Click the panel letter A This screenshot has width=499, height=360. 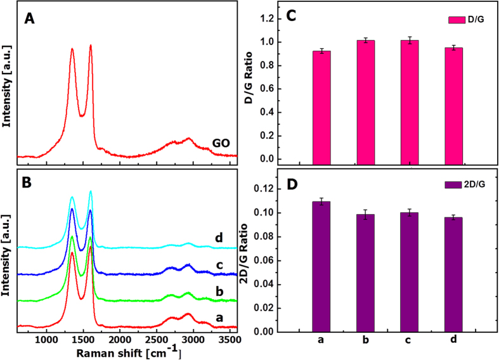click(29, 20)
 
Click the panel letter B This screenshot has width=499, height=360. click(29, 179)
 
